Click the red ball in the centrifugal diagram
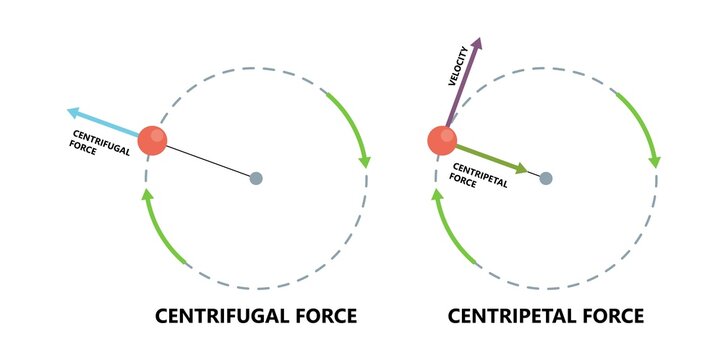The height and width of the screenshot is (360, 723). tap(153, 140)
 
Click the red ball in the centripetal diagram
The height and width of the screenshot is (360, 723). tap(442, 140)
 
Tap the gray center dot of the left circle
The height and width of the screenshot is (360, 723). tap(256, 178)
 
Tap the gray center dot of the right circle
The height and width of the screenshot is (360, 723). tap(546, 178)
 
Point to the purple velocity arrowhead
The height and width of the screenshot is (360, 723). tap(478, 45)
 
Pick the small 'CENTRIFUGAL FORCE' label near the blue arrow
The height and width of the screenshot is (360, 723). tap(96, 141)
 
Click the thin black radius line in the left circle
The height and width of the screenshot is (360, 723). tap(210, 161)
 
